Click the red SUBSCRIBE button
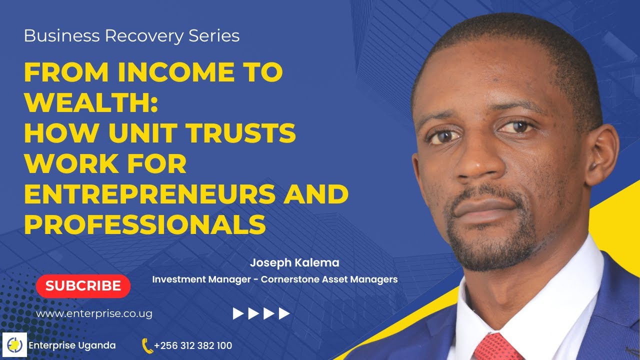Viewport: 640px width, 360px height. [83, 286]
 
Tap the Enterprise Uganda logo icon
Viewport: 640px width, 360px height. [14, 345]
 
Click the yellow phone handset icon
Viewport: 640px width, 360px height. [147, 345]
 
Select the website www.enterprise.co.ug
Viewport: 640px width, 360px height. [94, 314]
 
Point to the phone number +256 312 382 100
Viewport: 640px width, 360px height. [193, 345]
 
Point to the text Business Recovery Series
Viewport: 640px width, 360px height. [131, 36]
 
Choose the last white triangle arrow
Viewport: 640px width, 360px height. [284, 313]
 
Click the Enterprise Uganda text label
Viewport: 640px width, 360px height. [72, 345]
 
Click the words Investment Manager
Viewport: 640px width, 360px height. [201, 279]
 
